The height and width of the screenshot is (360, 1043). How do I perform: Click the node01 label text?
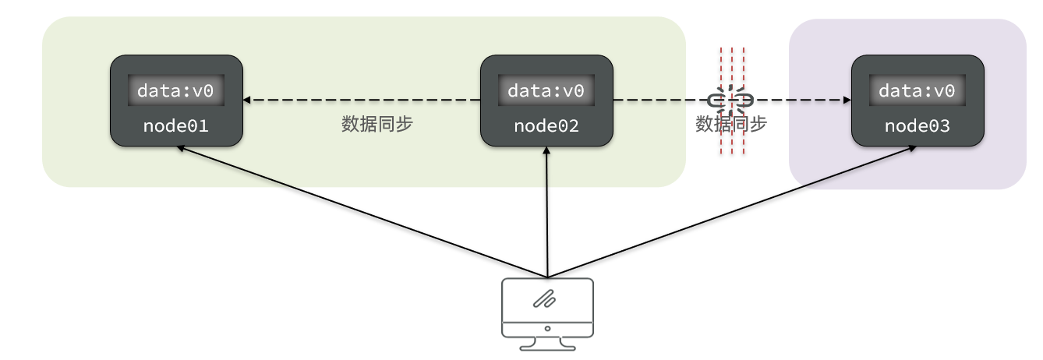(x=175, y=125)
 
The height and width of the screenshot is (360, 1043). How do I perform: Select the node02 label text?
(x=546, y=125)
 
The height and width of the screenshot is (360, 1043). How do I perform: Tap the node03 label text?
(x=917, y=125)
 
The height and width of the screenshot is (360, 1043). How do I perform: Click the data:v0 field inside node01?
(x=175, y=90)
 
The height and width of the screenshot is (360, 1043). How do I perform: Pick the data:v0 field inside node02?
(x=546, y=90)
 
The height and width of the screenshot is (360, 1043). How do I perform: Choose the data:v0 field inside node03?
(x=917, y=90)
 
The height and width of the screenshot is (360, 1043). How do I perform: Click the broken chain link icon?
(x=731, y=100)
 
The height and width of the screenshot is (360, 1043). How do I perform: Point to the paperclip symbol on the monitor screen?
(x=544, y=298)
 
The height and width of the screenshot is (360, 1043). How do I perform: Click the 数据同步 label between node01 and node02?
(x=377, y=125)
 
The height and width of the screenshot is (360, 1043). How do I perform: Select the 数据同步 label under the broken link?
(x=731, y=125)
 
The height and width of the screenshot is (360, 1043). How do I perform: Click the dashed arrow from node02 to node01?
(x=359, y=100)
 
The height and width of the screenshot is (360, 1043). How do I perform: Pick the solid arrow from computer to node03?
(x=733, y=211)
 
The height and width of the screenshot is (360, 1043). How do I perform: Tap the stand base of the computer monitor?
(x=547, y=347)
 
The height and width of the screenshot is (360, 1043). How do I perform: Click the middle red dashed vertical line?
(x=733, y=62)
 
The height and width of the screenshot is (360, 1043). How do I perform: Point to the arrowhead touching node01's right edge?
(x=247, y=100)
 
